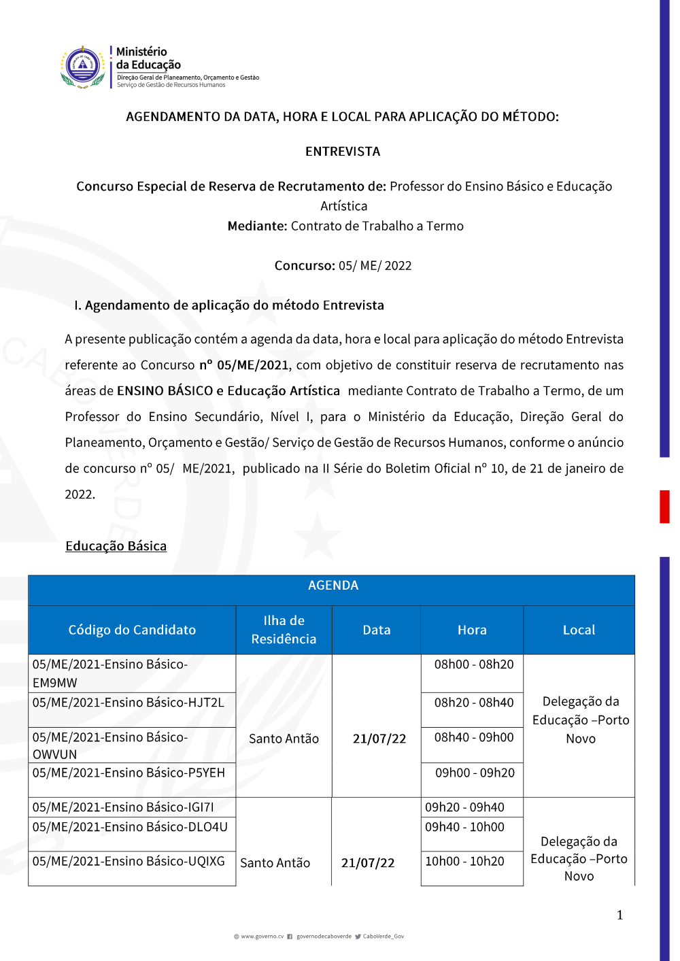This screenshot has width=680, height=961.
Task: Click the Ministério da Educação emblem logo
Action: tap(83, 67)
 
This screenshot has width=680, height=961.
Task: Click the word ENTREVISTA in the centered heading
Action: tap(343, 152)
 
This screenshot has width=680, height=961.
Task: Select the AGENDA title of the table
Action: tap(333, 586)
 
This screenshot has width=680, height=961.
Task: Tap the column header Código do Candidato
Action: tap(132, 630)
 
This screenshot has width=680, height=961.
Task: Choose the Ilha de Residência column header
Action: tap(284, 630)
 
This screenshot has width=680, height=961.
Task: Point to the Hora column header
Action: tap(472, 630)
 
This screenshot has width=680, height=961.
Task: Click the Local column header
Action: tap(579, 630)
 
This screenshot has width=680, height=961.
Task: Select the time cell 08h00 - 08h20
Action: tap(474, 664)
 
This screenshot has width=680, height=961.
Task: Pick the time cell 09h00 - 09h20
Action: tap(475, 773)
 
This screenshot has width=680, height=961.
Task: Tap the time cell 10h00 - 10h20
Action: tap(464, 862)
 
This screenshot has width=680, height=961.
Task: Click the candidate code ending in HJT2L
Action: tap(129, 703)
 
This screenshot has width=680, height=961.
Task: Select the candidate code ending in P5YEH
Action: tap(129, 773)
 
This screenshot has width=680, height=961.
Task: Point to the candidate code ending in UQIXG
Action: tap(129, 862)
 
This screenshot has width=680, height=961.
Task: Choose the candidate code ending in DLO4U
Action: tap(130, 827)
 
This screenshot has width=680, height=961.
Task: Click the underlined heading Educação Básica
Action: tap(116, 546)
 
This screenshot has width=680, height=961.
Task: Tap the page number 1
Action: tap(619, 915)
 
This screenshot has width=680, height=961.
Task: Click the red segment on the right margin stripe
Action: tap(664, 507)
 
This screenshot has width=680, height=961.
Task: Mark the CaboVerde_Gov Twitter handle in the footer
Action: tap(383, 937)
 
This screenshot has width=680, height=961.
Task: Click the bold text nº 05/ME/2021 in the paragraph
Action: tap(244, 365)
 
